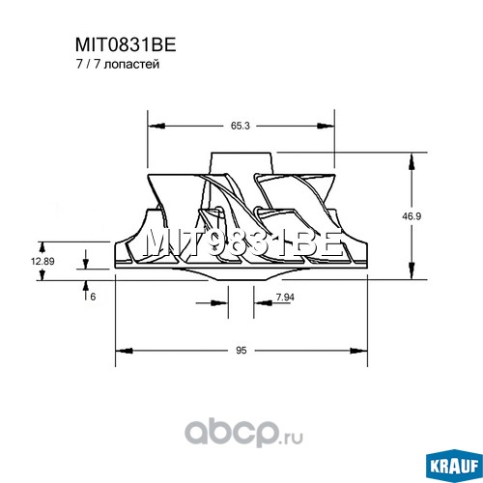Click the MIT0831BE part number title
click(126, 45)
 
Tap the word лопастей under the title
click(132, 65)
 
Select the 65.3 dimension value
click(241, 126)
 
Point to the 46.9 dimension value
click(412, 216)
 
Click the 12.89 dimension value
click(43, 261)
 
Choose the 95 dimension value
click(241, 351)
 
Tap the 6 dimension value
click(93, 297)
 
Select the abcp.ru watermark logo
click(243, 435)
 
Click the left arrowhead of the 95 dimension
click(124, 351)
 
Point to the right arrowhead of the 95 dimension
click(358, 351)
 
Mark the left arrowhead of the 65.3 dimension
click(156, 126)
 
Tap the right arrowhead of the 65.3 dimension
click(327, 126)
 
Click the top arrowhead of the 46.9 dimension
click(412, 161)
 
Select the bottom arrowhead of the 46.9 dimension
click(412, 271)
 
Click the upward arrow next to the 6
click(86, 290)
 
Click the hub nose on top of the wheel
click(242, 163)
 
